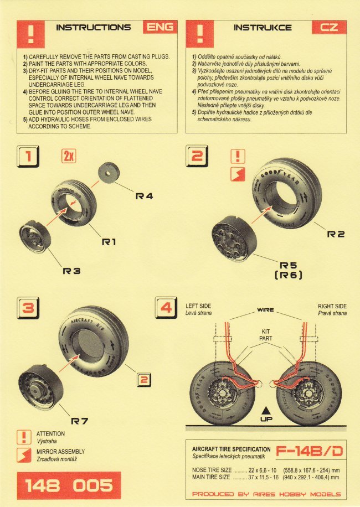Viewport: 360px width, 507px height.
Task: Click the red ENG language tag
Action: tap(160, 27)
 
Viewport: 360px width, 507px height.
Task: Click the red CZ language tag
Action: tap(329, 27)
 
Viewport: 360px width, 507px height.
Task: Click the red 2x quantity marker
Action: tap(69, 157)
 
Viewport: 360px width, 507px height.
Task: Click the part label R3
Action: tap(71, 271)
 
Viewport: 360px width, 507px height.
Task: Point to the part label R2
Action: tap(336, 234)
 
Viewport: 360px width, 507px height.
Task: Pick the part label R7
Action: tap(80, 421)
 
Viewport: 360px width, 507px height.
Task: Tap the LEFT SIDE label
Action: tap(199, 306)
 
